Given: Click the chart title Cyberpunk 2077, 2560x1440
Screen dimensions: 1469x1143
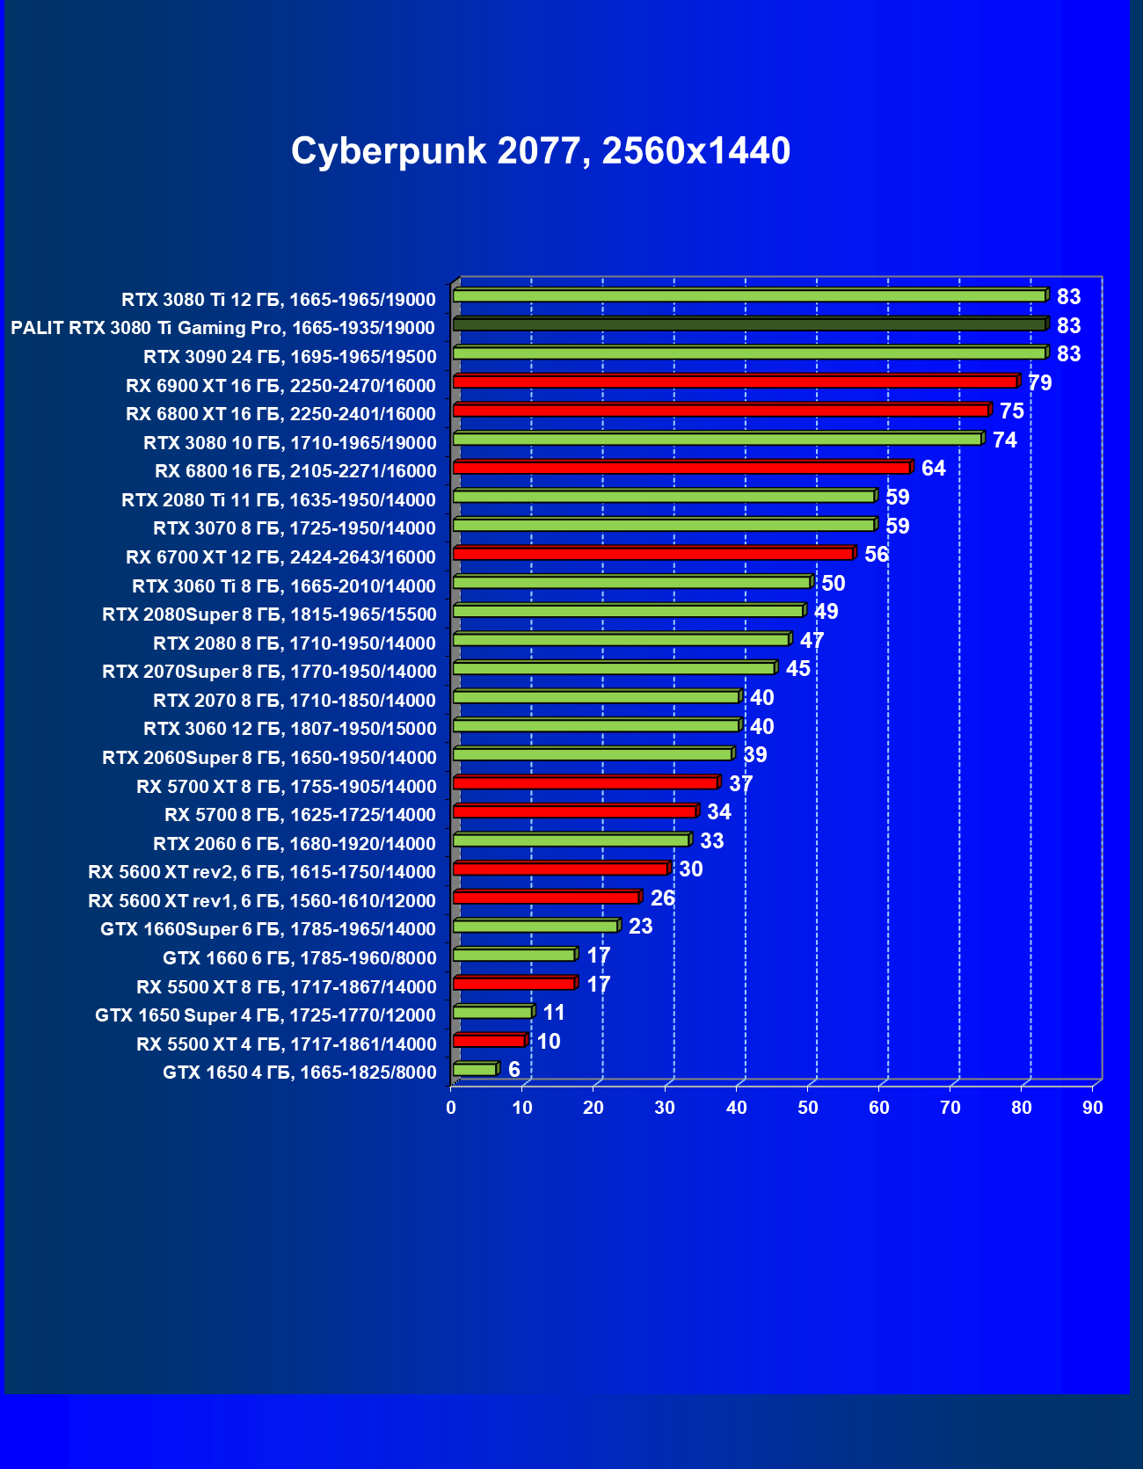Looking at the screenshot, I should pyautogui.click(x=541, y=151).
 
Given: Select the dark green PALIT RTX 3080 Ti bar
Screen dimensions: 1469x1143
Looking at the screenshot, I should pyautogui.click(x=749, y=324).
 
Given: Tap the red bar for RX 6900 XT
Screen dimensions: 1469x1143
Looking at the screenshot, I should pyautogui.click(x=735, y=382).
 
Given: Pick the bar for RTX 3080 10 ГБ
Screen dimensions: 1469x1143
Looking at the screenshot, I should pyautogui.click(x=717, y=439).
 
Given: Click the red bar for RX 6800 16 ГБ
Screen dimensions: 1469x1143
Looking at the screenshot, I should pyautogui.click(x=681, y=468).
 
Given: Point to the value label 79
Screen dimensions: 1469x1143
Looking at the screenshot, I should pyautogui.click(x=1039, y=383).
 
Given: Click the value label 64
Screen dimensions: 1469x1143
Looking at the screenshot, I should pyautogui.click(x=933, y=469).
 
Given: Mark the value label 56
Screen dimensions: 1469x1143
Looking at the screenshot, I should pyautogui.click(x=876, y=555).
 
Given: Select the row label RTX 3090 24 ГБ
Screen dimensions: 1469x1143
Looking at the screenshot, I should pyautogui.click(x=289, y=357).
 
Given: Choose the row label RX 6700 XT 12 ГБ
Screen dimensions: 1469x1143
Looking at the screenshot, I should pyautogui.click(x=280, y=557).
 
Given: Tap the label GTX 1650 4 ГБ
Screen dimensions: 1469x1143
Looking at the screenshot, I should pyautogui.click(x=299, y=1073).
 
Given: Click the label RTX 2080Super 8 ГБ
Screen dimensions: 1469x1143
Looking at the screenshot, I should pyautogui.click(x=269, y=615).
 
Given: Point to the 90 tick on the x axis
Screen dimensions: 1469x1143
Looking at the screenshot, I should pyautogui.click(x=1092, y=1108).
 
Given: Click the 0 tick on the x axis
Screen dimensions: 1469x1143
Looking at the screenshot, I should pyautogui.click(x=451, y=1108).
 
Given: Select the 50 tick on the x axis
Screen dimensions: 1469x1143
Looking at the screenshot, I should pyautogui.click(x=807, y=1108).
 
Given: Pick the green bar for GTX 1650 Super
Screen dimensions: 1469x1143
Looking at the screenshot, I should pyautogui.click(x=492, y=1012).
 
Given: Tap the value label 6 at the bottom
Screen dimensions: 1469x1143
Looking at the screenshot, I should pyautogui.click(x=514, y=1070).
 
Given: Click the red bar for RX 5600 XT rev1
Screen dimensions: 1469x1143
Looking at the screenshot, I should pyautogui.click(x=546, y=898).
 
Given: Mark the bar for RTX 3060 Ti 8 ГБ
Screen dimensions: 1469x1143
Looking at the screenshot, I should pyautogui.click(x=631, y=582).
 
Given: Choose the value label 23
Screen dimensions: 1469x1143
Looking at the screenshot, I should pyautogui.click(x=640, y=927).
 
